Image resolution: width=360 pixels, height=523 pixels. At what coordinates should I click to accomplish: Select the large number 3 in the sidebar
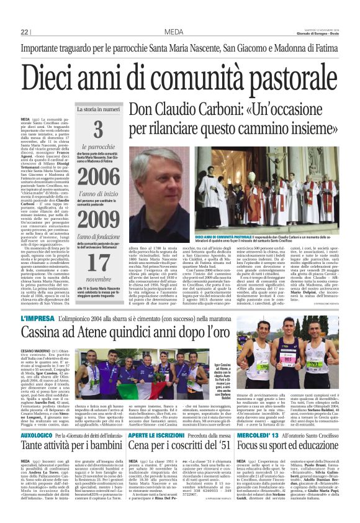pyautogui.click(x=98, y=130)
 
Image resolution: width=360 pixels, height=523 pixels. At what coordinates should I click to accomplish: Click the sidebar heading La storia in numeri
pyautogui.click(x=98, y=109)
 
